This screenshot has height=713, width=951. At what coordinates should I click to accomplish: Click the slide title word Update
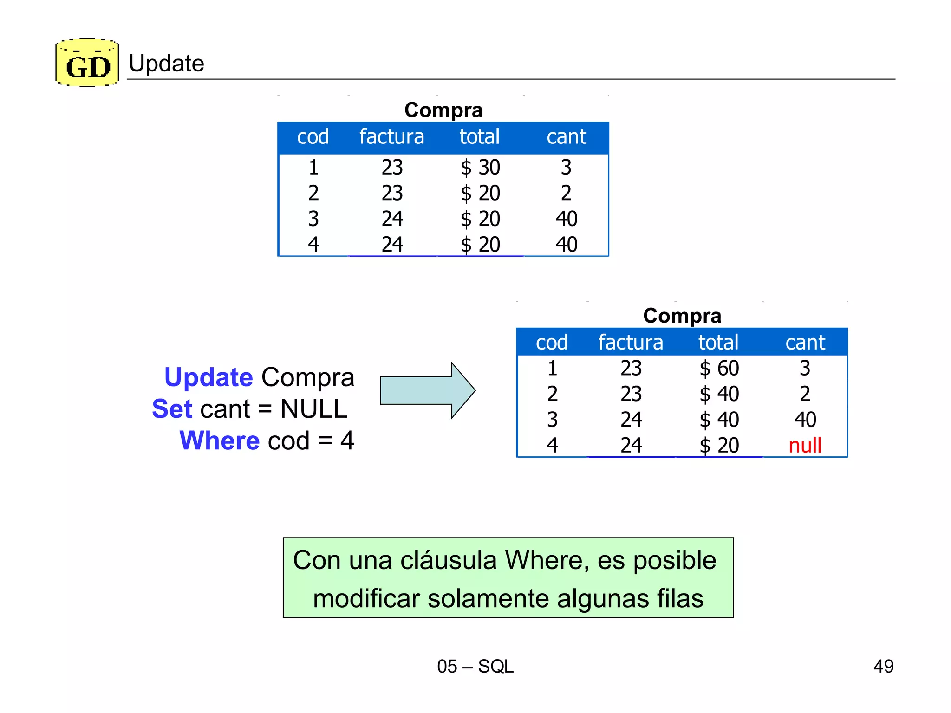click(166, 63)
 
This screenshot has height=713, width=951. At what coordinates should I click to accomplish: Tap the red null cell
click(805, 445)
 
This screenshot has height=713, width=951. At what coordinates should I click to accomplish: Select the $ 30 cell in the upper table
click(480, 167)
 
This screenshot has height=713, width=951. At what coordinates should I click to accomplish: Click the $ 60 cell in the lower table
click(719, 368)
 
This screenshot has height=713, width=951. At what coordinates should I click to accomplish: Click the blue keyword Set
click(172, 409)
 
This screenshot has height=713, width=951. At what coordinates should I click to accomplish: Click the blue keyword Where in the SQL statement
click(220, 441)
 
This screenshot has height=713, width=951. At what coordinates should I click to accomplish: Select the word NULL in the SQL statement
click(314, 409)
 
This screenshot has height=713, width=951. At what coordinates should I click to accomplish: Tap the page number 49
click(883, 666)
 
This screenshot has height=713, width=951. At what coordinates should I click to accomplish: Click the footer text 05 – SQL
click(475, 666)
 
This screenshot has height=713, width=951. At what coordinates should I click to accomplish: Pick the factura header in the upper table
click(391, 137)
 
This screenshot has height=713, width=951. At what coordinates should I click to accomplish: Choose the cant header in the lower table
click(805, 343)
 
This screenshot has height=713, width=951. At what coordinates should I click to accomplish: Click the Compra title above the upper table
click(443, 110)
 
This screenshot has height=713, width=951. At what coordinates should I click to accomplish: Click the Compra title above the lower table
click(682, 316)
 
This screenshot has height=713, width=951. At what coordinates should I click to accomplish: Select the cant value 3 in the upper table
click(566, 167)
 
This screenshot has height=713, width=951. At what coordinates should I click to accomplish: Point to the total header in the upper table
click(479, 137)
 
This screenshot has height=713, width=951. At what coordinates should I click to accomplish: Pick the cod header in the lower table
click(552, 343)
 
